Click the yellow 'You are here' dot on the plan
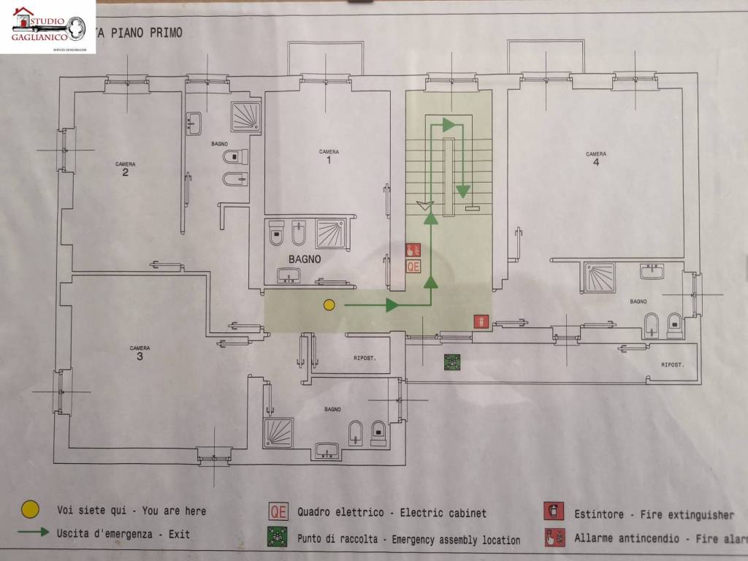click(329, 305)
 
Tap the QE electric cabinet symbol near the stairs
click(413, 267)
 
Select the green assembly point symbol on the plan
click(452, 361)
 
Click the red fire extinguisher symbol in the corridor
click(481, 321)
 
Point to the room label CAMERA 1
click(329, 156)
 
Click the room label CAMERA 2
click(125, 169)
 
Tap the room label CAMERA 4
click(596, 159)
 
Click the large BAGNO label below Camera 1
click(305, 259)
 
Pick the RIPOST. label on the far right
click(673, 365)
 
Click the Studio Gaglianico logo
click(48, 27)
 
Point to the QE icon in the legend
click(278, 512)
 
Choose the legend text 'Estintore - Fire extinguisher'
click(654, 514)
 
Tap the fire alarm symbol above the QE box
click(413, 250)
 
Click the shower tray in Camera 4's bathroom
click(599, 278)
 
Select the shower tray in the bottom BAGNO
click(278, 432)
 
